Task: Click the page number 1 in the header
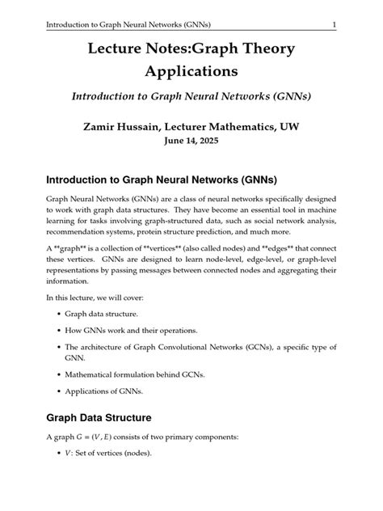pyautogui.click(x=334, y=24)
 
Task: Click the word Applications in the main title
pyautogui.click(x=191, y=73)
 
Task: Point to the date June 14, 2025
pyautogui.click(x=191, y=140)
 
